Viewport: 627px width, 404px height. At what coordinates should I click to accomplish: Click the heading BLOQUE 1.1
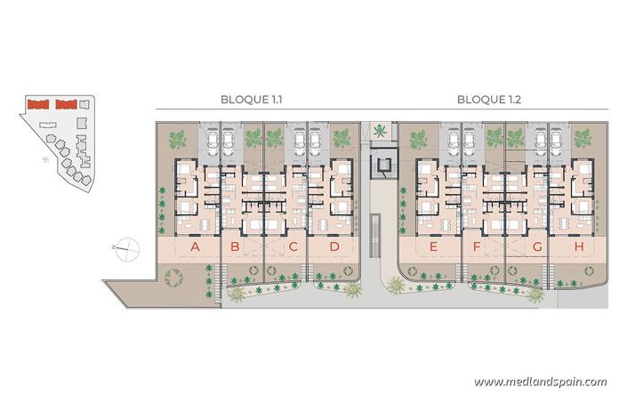pos(257,101)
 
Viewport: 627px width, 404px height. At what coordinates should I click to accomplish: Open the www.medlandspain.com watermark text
pos(541,382)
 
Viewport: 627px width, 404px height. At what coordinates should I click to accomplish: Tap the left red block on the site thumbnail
pos(36,104)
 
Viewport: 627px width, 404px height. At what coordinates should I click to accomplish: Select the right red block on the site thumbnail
pos(64,104)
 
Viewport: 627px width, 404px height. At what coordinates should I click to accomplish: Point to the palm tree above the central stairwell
pos(380,131)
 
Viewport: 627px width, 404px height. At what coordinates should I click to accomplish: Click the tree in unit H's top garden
pos(583,138)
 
